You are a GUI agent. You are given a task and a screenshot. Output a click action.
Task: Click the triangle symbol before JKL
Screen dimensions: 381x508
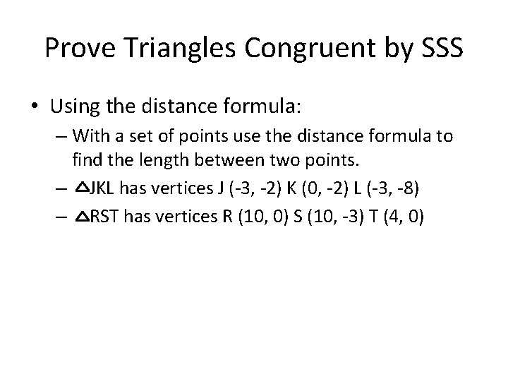(x=79, y=188)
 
